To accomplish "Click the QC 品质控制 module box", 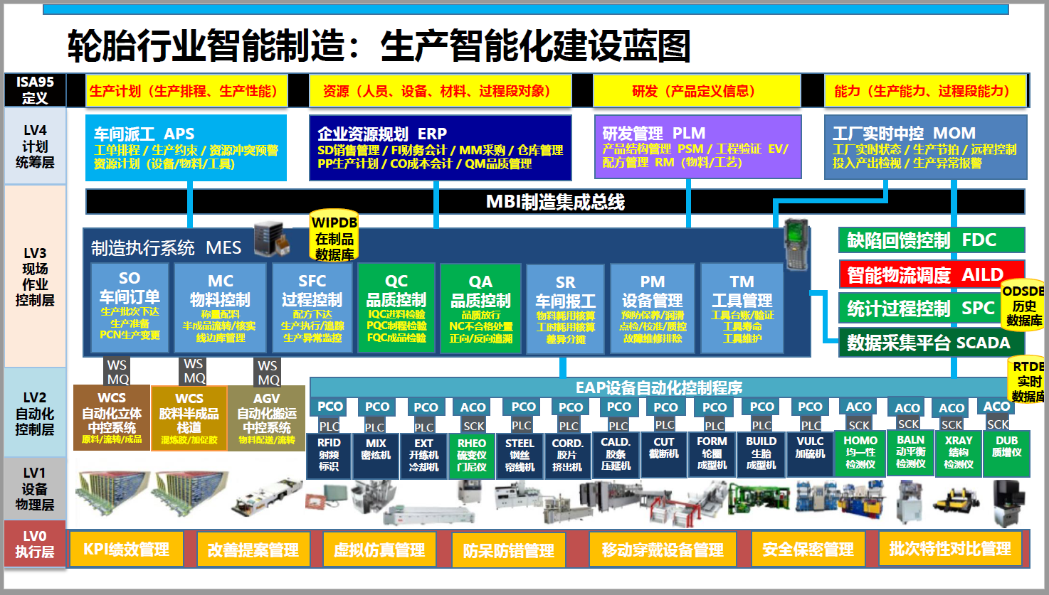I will click(396, 308).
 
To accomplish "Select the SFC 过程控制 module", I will click(312, 308).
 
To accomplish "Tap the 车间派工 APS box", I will click(186, 148).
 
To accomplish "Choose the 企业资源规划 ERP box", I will click(441, 148).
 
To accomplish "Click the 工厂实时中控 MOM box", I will click(925, 147).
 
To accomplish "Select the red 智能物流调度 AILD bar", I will click(931, 274).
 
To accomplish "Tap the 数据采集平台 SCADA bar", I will click(931, 343).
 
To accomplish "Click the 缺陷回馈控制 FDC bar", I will click(931, 240).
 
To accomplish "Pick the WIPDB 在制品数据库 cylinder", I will click(334, 237).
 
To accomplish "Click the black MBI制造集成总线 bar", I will click(555, 202).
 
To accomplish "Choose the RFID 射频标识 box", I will click(329, 454).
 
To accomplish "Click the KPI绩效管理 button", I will click(127, 550).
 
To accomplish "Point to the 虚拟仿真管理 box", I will click(379, 550).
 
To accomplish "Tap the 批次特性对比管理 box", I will click(949, 549).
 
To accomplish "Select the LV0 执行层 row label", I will click(34, 544).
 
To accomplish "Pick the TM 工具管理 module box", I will click(742, 308).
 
